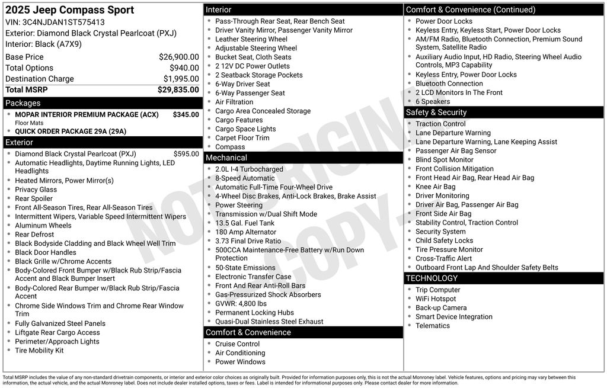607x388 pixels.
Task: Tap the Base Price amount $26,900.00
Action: (x=178, y=57)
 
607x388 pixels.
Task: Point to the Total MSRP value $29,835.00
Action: (x=178, y=89)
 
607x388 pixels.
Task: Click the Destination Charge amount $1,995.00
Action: (x=181, y=79)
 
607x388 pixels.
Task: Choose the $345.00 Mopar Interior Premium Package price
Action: (x=186, y=114)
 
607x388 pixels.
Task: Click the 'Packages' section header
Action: (x=23, y=103)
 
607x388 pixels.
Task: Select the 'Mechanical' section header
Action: (x=226, y=158)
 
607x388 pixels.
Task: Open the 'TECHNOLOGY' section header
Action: (x=432, y=278)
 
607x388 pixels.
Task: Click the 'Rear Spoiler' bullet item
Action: (x=34, y=198)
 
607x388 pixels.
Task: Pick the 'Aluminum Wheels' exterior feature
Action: (x=43, y=225)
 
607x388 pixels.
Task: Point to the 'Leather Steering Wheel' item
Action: (x=251, y=39)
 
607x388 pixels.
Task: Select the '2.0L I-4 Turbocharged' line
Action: (x=249, y=169)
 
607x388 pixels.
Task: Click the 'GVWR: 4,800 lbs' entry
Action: (x=241, y=303)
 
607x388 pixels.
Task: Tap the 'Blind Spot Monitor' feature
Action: (x=445, y=159)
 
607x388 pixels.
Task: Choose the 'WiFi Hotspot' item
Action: (x=436, y=299)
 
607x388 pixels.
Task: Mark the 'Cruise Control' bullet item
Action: (x=237, y=344)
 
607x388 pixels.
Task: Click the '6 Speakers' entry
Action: (x=433, y=101)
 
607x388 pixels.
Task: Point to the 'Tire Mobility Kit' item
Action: (x=39, y=350)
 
